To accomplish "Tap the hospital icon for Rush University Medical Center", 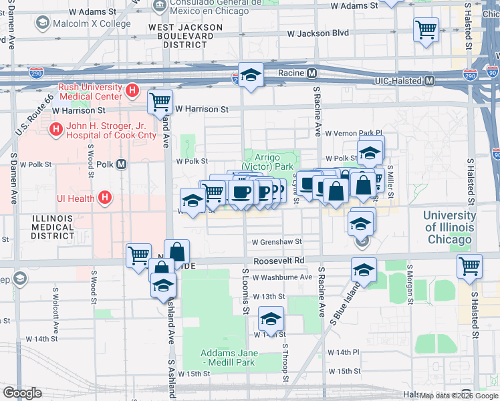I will pyautogui.click(x=132, y=89).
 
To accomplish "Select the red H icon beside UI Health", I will pyautogui.click(x=104, y=197).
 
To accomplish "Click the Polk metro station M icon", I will pyautogui.click(x=121, y=164).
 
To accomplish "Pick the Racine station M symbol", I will pyautogui.click(x=311, y=72).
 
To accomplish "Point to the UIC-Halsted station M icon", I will pyautogui.click(x=429, y=81).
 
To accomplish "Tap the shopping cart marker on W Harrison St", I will pyautogui.click(x=160, y=102).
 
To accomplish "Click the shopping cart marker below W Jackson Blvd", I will pyautogui.click(x=426, y=30).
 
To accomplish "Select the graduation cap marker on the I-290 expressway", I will pyautogui.click(x=251, y=76).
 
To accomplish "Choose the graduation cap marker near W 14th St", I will pyautogui.click(x=271, y=319).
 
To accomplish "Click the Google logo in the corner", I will pyautogui.click(x=22, y=393).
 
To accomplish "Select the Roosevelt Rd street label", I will pyautogui.click(x=279, y=261).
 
